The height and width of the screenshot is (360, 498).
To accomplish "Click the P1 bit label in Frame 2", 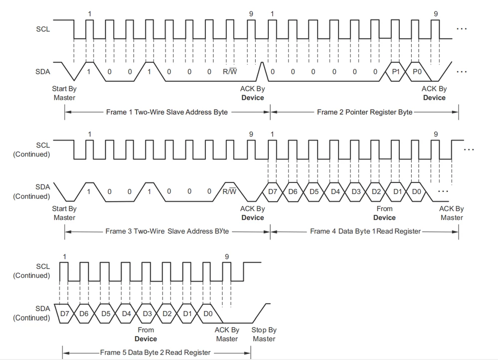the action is coord(396,71).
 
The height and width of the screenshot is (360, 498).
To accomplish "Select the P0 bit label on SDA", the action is coord(417,71).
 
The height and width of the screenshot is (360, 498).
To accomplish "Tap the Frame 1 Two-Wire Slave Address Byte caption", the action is coord(166,112).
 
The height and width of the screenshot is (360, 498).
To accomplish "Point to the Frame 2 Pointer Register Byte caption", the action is coord(364,112).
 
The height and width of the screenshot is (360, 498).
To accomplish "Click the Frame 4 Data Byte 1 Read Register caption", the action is coord(365,231).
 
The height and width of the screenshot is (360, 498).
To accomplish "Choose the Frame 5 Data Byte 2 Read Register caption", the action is coord(156,353).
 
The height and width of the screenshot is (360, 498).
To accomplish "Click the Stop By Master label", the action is coord(264,334).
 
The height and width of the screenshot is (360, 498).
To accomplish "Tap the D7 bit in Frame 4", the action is coord(273,191).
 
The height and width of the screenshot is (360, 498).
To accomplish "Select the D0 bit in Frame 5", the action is coord(208,314).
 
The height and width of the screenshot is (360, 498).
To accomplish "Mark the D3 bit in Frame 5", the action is coord(147,314).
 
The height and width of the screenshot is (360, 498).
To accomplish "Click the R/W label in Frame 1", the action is coord(230,71).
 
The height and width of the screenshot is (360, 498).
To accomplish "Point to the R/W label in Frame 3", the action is coord(230,191).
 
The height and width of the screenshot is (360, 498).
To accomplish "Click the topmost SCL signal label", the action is coord(43,29).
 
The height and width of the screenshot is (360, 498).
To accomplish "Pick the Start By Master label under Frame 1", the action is coord(64,93).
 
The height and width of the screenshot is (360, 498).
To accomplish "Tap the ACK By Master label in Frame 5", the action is coord(227,334).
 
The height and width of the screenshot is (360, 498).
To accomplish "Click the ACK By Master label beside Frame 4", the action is coord(452,213).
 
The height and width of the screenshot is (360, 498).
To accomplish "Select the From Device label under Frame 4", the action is coord(384,213).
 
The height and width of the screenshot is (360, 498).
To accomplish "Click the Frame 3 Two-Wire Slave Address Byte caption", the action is coord(167,231).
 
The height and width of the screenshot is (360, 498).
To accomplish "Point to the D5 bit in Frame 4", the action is coord(314,191).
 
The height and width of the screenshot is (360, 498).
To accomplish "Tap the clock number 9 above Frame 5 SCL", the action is coord(227,257).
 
